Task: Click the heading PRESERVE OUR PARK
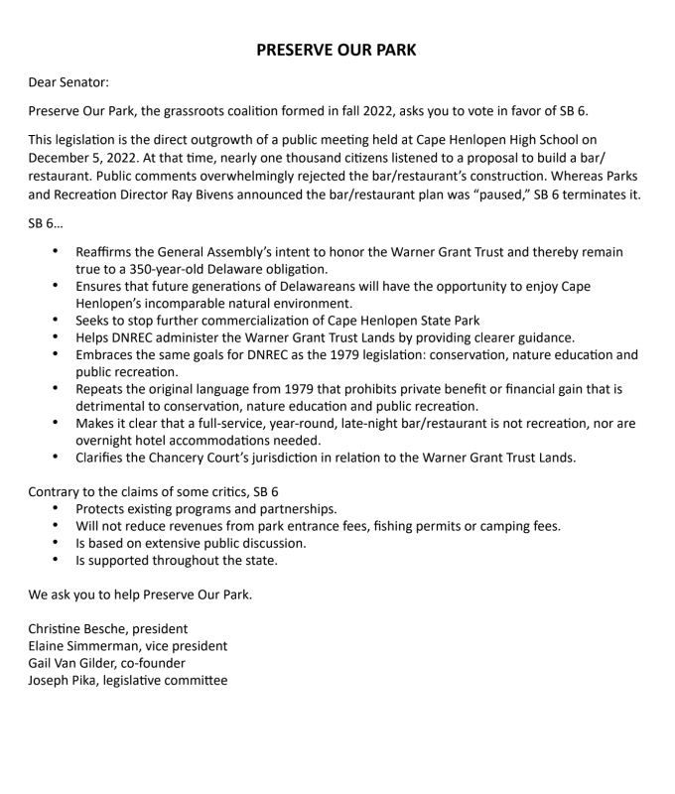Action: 337,50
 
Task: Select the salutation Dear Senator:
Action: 68,82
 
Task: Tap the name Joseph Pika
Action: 64,680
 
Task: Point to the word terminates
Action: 589,194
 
